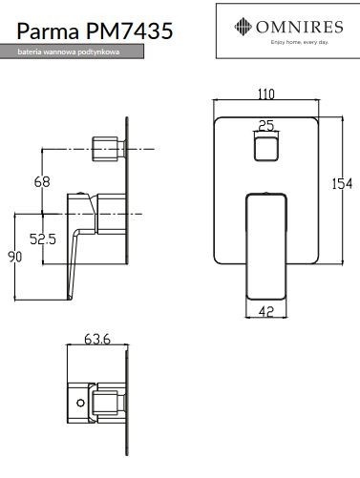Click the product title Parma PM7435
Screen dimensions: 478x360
[x=87, y=33]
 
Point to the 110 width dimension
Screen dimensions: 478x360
[x=265, y=94]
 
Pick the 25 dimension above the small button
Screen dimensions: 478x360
[x=266, y=124]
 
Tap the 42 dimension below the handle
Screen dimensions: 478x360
[x=266, y=310]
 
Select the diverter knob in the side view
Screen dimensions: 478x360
[x=104, y=147]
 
